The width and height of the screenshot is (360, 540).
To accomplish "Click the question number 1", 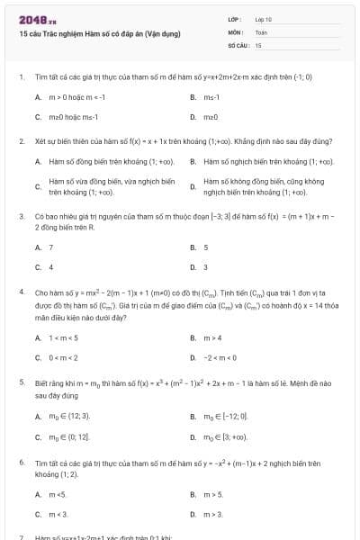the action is (21, 77).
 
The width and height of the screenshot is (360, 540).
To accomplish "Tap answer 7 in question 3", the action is (51, 247).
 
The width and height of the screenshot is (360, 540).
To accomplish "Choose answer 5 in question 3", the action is (206, 247).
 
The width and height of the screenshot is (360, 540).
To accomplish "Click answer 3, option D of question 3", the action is (206, 266).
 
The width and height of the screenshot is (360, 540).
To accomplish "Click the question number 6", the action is (21, 463).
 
